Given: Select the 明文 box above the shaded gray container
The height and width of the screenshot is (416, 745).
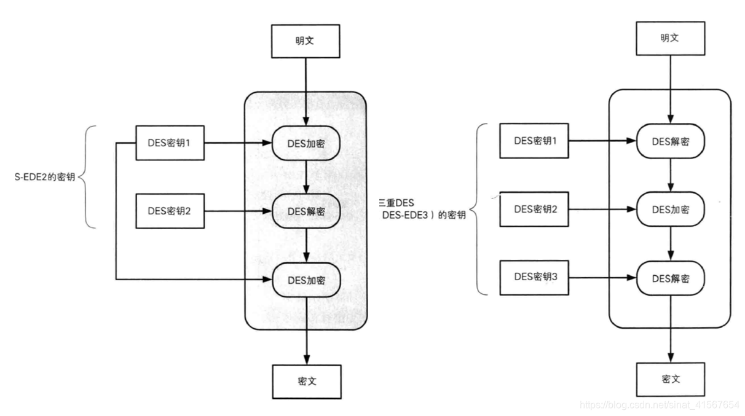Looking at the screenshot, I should (x=305, y=41).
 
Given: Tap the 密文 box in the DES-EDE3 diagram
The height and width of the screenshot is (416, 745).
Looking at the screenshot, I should (x=670, y=379).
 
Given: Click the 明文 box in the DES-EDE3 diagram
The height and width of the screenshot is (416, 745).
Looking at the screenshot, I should (x=670, y=38).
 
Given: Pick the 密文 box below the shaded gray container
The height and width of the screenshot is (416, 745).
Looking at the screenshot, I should (x=305, y=381).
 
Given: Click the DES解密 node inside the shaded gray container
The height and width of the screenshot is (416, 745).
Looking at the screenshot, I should (x=306, y=211).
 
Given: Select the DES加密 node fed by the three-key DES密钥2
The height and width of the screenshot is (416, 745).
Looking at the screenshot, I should (x=670, y=210).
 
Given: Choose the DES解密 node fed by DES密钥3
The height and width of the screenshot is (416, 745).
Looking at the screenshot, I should (x=670, y=278).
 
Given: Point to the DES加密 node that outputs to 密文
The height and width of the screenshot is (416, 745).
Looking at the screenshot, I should (x=306, y=280).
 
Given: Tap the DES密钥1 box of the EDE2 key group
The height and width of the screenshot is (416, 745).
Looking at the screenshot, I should (x=170, y=143).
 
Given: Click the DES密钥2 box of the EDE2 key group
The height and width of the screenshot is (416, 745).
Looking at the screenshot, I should (x=170, y=211).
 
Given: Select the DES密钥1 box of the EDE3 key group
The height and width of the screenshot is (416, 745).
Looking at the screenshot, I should (x=535, y=141).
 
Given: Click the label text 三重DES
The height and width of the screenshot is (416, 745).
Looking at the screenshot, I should (x=396, y=202).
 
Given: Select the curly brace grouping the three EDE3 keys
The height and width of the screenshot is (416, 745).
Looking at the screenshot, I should (x=481, y=209).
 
